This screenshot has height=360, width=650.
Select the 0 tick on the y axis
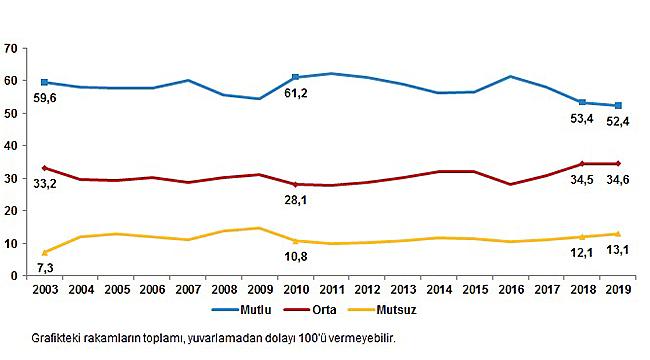tap(15, 275)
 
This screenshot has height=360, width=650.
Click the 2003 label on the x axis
tap(45, 291)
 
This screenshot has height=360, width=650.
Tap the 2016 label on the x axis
tap(510, 291)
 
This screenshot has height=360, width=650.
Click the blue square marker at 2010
tap(295, 77)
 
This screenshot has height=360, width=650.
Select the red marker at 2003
tap(45, 168)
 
